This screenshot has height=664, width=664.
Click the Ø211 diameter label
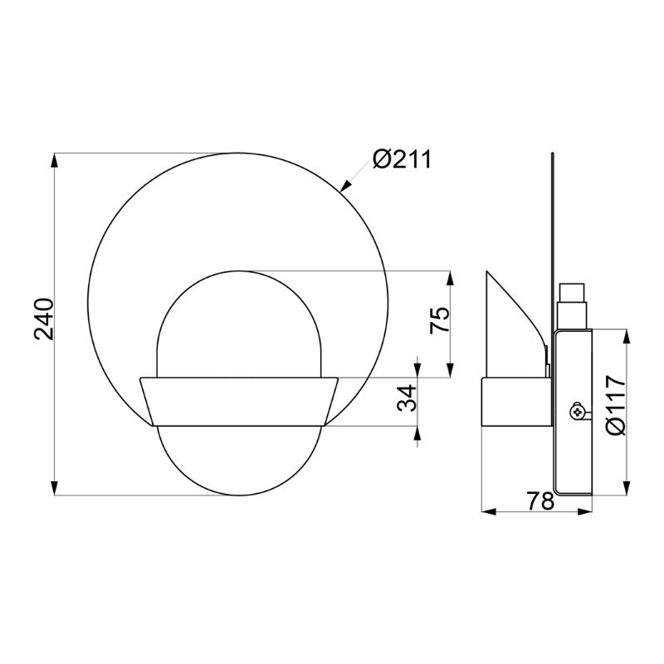coord(402,159)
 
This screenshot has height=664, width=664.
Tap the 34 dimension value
coord(406,399)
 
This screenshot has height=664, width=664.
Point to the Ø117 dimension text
coord(615,406)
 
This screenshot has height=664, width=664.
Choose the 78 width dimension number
coord(540,500)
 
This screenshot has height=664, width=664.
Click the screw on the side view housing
coord(576,411)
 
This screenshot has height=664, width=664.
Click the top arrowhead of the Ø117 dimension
coord(627,335)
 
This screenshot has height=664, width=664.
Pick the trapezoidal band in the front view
coord(239,402)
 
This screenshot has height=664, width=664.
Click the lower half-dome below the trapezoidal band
coord(239,461)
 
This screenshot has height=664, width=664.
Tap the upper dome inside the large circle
coord(239,324)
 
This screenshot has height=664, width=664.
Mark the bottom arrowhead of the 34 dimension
coord(417,432)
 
